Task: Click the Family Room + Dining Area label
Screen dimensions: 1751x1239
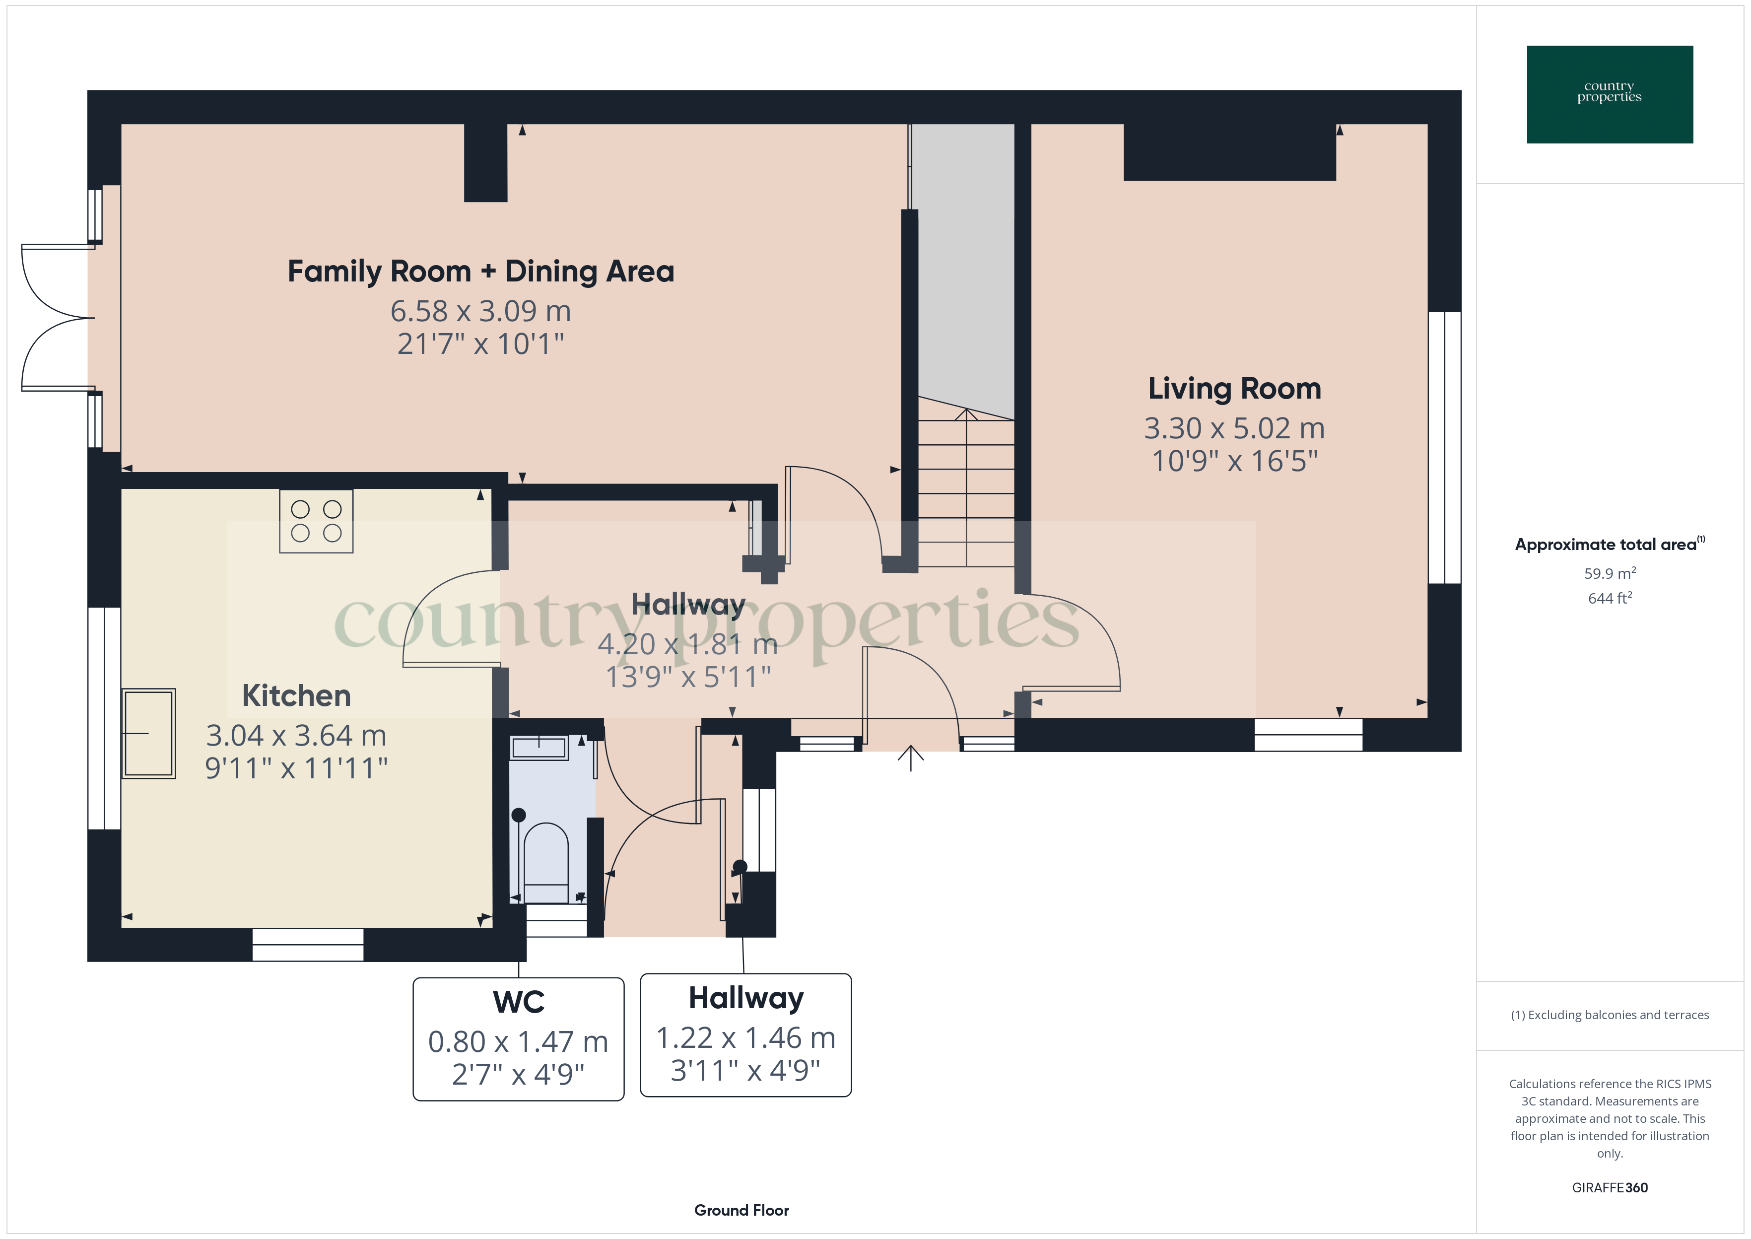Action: pyautogui.click(x=480, y=272)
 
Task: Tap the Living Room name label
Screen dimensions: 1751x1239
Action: pyautogui.click(x=1235, y=389)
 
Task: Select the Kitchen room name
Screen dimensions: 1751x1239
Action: pyautogui.click(x=297, y=696)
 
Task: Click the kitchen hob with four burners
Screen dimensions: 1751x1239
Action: pyautogui.click(x=317, y=521)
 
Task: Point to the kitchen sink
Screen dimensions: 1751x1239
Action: pyautogui.click(x=149, y=733)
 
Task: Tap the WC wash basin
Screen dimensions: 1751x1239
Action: pyautogui.click(x=539, y=748)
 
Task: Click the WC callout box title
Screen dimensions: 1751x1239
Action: pyautogui.click(x=519, y=1002)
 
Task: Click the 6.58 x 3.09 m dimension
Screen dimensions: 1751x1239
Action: pyautogui.click(x=480, y=311)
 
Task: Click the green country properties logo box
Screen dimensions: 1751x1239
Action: pyautogui.click(x=1610, y=95)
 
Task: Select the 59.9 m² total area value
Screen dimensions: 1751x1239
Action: pyautogui.click(x=1610, y=573)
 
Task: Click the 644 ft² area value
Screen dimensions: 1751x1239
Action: pyautogui.click(x=1610, y=598)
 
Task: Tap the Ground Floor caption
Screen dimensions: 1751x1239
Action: pyautogui.click(x=741, y=1210)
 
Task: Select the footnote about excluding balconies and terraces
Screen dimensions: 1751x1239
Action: pyautogui.click(x=1610, y=1015)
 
